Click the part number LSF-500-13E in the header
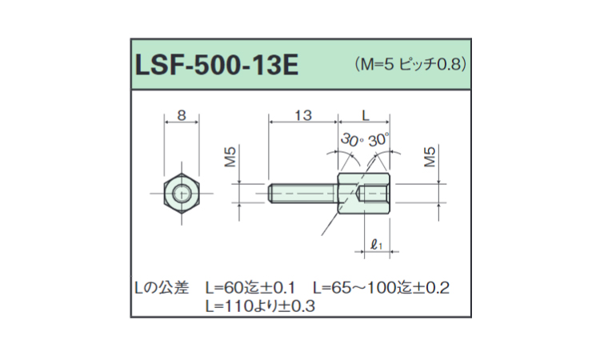pos(217,65)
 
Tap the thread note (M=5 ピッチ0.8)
pos(410,64)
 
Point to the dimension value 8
pos(182,115)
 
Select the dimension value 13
pos(303,115)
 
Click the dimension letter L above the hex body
pos(366,115)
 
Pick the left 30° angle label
pos(352,140)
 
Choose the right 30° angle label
pos(378,140)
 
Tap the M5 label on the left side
pos(230,157)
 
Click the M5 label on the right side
pos(430,157)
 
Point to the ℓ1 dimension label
pos(377,244)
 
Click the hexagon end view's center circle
pos(182,194)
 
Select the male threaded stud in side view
pos(303,193)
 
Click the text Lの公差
pos(162,288)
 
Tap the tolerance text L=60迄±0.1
pos(250,288)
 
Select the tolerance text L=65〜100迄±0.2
pos(381,288)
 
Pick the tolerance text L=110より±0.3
pos(260,306)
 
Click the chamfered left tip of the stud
pos(270,193)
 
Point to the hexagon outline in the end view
pos(164,194)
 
